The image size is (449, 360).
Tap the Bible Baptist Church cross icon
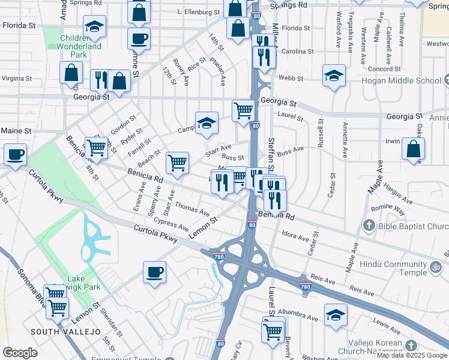click(369, 226)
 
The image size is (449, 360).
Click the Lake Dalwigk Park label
click(84, 283)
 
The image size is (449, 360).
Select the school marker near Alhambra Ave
click(336, 314)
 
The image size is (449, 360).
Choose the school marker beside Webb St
click(334, 76)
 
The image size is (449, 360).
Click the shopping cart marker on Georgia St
click(243, 110)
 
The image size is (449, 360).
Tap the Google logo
click(20, 353)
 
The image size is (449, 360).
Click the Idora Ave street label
click(294, 237)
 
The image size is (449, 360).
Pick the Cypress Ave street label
click(170, 223)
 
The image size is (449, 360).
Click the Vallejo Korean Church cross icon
click(411, 346)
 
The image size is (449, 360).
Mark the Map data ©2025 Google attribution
click(412, 355)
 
